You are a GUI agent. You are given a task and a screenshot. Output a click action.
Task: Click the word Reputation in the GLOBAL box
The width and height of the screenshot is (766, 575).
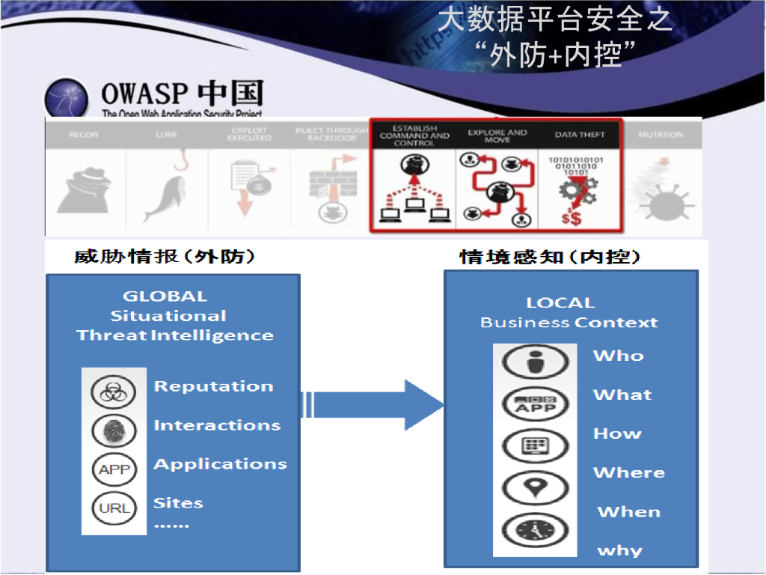click(x=213, y=387)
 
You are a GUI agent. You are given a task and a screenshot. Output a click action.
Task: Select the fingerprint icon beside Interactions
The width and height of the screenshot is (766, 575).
click(x=114, y=431)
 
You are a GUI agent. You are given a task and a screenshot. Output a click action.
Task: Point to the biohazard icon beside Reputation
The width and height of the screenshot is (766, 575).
click(x=114, y=392)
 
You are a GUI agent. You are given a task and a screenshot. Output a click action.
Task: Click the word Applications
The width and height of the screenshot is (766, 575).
click(x=220, y=464)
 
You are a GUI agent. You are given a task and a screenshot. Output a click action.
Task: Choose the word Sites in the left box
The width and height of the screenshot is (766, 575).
click(x=178, y=503)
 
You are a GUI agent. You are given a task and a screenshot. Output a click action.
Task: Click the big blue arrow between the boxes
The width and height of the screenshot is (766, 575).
click(x=374, y=405)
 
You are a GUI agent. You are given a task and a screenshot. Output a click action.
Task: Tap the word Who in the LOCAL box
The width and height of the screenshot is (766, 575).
click(x=618, y=356)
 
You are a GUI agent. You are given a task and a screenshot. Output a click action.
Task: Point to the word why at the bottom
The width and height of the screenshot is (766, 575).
click(x=619, y=551)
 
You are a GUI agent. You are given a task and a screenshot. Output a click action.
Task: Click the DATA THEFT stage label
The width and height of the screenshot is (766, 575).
click(x=580, y=135)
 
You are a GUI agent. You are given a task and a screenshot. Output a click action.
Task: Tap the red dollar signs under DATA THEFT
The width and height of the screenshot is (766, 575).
click(x=571, y=219)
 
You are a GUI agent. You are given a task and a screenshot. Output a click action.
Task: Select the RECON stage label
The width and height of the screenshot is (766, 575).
click(x=83, y=135)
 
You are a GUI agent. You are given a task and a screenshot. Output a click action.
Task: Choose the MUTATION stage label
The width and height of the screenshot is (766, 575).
click(x=661, y=135)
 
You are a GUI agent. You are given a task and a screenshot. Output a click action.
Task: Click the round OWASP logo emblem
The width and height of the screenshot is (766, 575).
click(x=67, y=98)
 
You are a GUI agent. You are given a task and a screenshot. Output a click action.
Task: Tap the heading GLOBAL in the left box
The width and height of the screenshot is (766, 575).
click(x=165, y=296)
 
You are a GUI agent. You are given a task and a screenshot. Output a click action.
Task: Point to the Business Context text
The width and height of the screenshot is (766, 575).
click(x=569, y=323)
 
